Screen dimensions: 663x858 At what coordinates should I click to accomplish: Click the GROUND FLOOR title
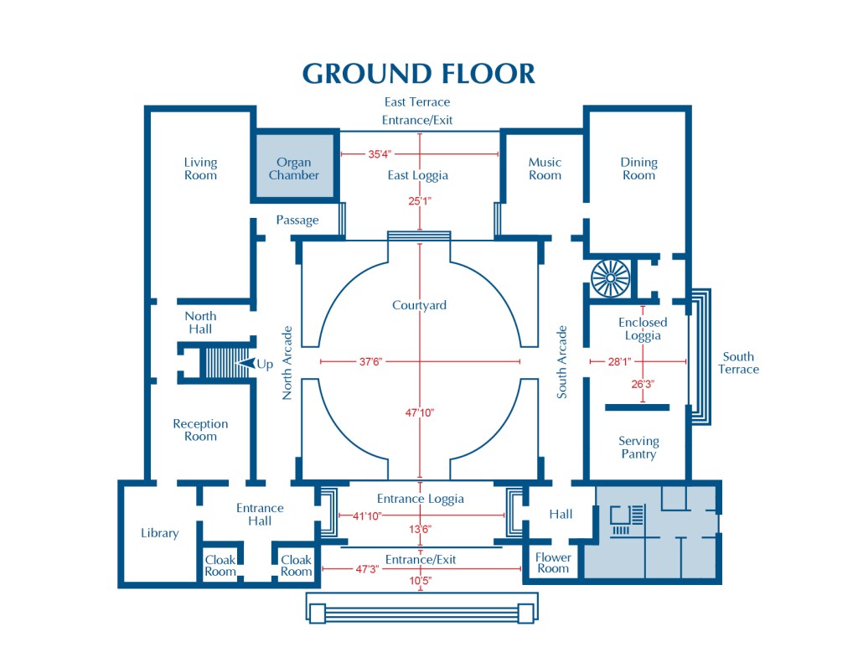(418, 74)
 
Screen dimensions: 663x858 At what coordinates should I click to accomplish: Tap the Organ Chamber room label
(293, 168)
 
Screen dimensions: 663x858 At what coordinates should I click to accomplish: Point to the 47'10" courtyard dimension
(420, 412)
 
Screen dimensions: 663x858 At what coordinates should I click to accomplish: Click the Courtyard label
(419, 305)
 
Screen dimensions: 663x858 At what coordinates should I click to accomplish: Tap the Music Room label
(545, 168)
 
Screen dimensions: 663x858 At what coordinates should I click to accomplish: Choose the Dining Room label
(638, 168)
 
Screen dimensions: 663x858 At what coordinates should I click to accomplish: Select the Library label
(159, 533)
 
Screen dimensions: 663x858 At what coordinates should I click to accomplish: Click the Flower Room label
(553, 562)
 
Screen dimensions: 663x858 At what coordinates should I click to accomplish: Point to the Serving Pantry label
(638, 448)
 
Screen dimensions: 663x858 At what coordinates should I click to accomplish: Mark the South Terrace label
(738, 363)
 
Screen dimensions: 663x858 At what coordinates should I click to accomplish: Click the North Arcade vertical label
(287, 362)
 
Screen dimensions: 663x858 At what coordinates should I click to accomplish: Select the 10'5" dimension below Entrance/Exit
(420, 580)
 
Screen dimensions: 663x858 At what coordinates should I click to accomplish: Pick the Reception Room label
(200, 430)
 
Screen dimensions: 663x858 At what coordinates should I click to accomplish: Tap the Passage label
(297, 220)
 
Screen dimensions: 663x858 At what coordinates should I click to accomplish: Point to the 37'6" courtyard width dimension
(370, 362)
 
